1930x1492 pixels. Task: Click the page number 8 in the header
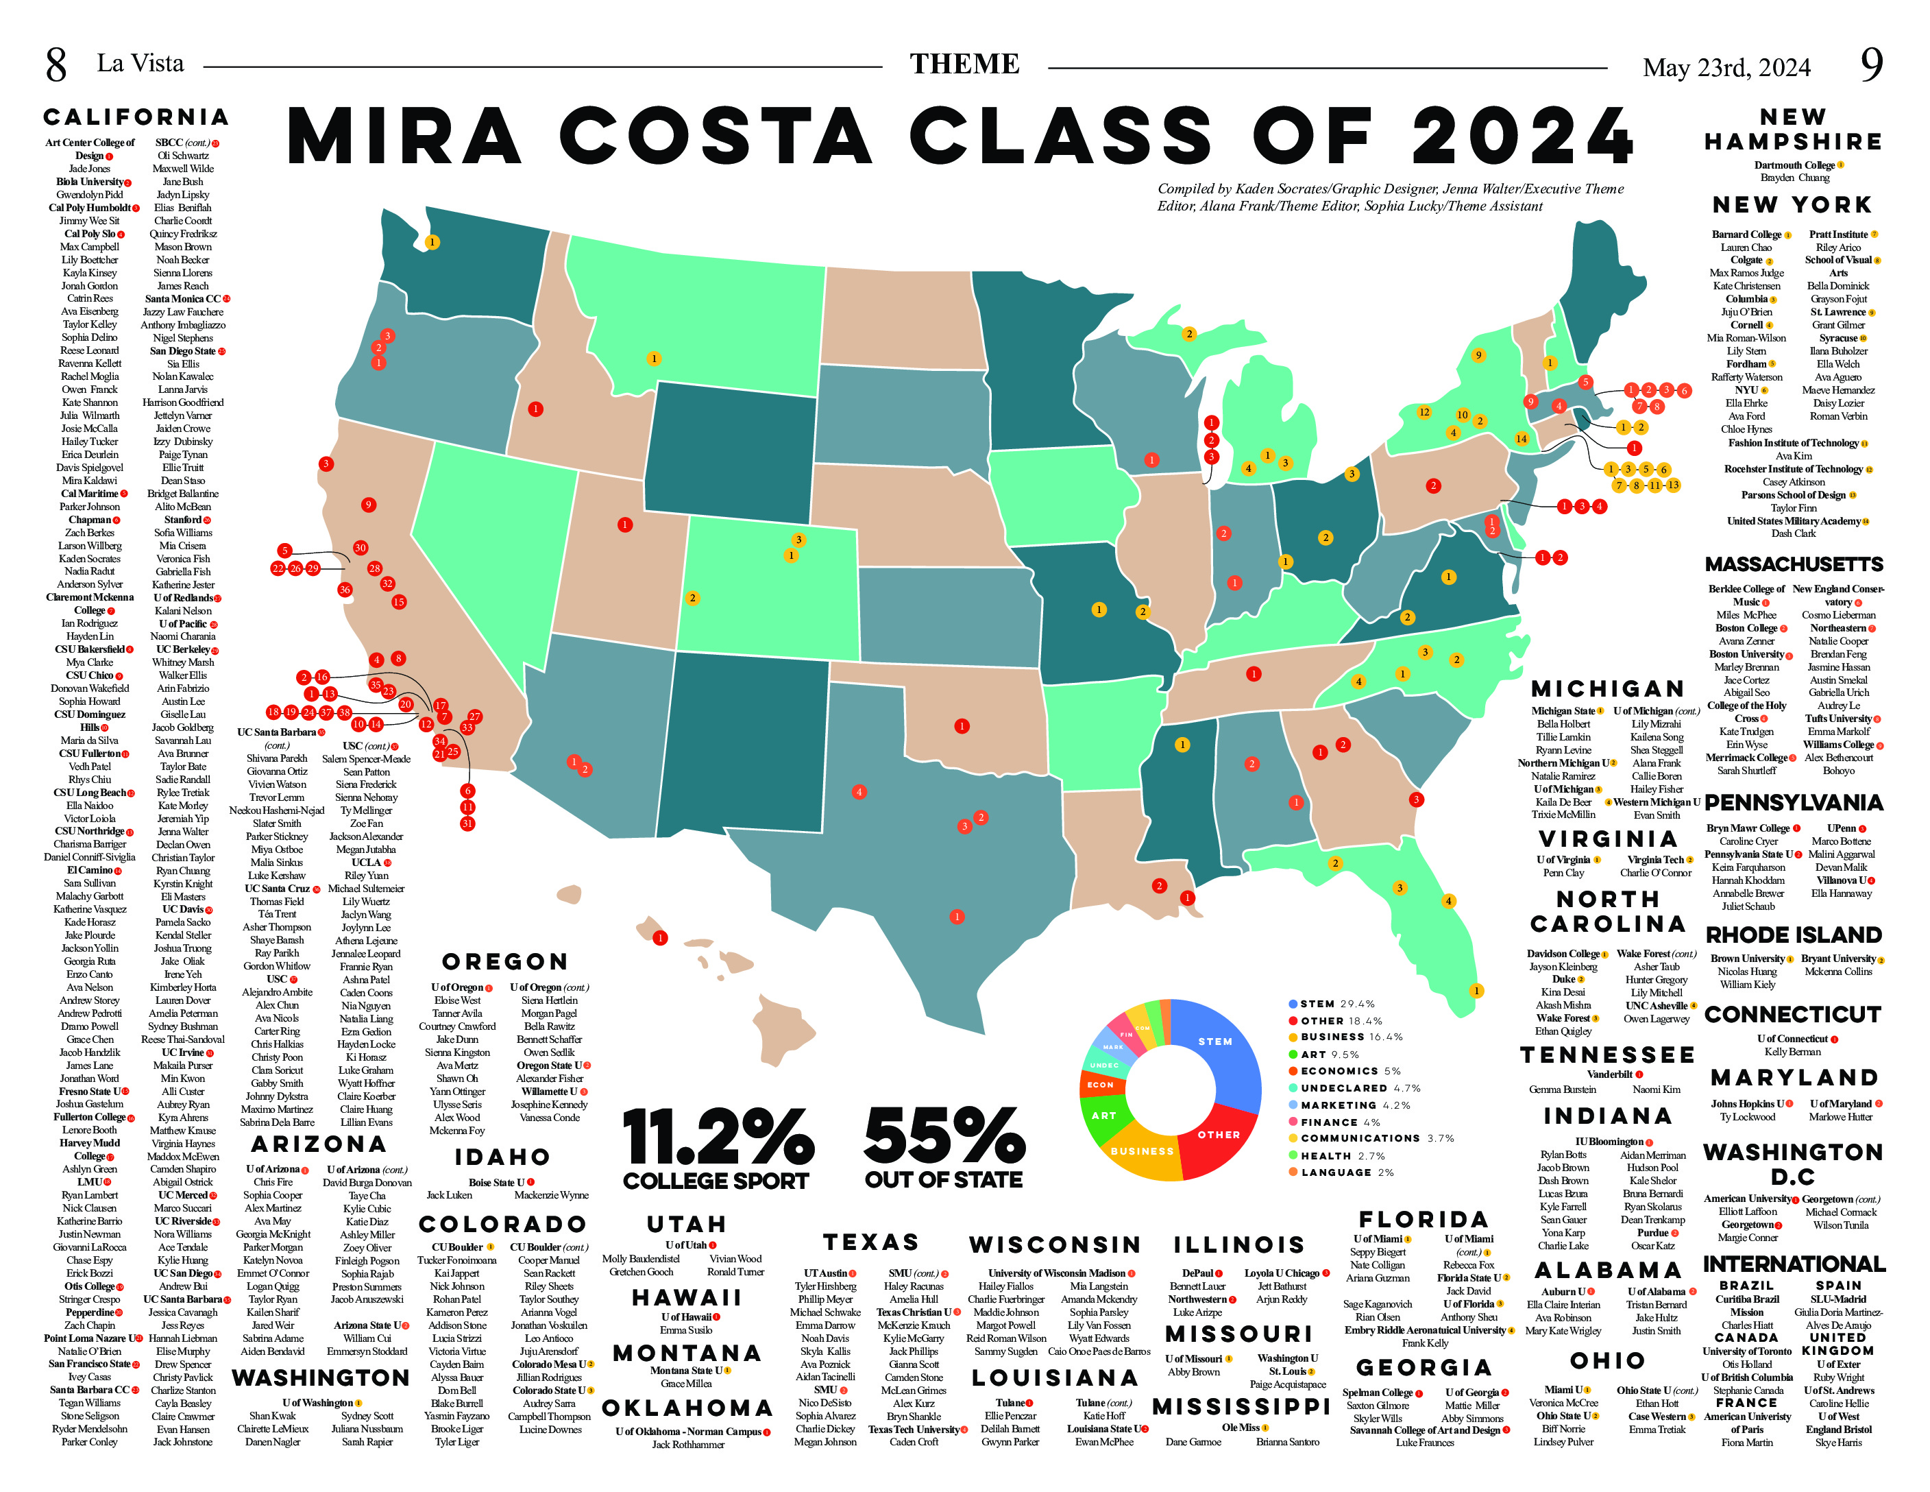click(x=56, y=64)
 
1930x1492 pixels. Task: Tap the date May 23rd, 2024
click(x=1726, y=67)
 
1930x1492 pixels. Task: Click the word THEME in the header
click(x=964, y=64)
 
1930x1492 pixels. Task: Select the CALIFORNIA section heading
click(x=136, y=117)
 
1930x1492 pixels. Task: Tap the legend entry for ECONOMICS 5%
click(x=1349, y=1070)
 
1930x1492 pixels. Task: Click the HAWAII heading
click(x=687, y=1297)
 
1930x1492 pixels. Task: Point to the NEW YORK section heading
click(x=1792, y=205)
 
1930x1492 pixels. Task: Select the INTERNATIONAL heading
click(x=1793, y=1263)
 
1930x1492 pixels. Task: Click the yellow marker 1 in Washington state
click(x=431, y=241)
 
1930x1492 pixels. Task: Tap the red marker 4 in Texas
click(x=858, y=792)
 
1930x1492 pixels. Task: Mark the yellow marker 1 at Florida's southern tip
click(x=1476, y=990)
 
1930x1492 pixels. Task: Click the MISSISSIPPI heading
click(x=1241, y=1406)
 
